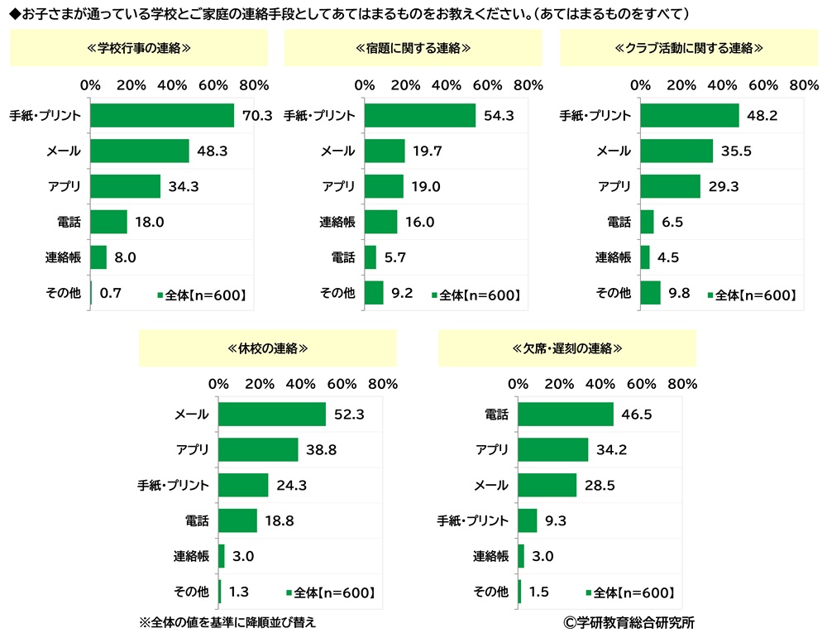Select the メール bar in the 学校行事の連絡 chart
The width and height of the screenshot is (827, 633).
(x=140, y=151)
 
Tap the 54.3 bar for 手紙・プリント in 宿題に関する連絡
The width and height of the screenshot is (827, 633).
(x=420, y=116)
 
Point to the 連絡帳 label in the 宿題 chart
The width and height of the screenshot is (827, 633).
(x=337, y=222)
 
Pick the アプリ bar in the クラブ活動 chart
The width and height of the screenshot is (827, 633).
(x=670, y=186)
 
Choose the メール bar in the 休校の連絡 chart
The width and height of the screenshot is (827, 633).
(x=272, y=415)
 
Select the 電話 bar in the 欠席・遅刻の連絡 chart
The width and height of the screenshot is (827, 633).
(x=566, y=415)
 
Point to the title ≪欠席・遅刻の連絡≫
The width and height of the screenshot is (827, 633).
(x=567, y=348)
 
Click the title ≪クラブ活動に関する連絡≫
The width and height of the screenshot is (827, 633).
(x=689, y=49)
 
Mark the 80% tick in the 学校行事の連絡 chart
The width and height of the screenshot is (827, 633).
(x=254, y=85)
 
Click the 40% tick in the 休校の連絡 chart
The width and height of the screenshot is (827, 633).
(x=300, y=384)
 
